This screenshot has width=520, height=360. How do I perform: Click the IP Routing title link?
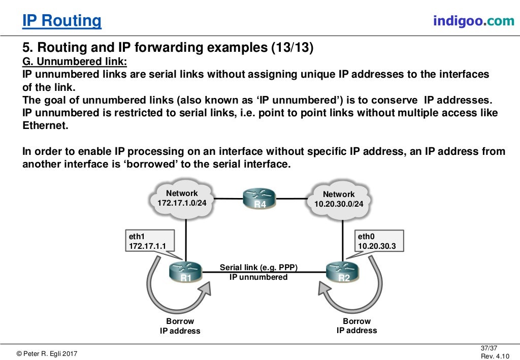point(62,21)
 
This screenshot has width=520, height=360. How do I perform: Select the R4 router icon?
point(259,199)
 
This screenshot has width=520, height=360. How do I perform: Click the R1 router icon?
point(185,272)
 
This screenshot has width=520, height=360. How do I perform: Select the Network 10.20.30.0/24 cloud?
point(339,199)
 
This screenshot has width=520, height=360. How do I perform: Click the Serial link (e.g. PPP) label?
point(258,268)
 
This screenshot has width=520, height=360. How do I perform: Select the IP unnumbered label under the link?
point(258,277)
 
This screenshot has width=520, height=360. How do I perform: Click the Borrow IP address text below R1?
point(180,326)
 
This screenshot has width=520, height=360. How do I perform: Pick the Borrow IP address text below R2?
point(356,326)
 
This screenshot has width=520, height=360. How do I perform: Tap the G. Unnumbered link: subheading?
point(75,61)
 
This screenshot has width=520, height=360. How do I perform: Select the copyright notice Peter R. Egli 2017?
point(47,354)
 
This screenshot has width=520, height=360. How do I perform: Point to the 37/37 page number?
point(488,348)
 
